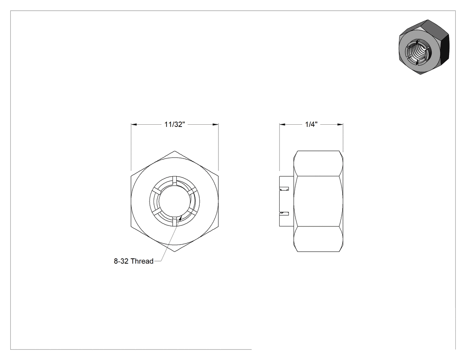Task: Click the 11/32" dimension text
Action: (x=175, y=124)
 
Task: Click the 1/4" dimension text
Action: (x=312, y=124)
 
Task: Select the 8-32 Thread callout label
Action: (x=134, y=261)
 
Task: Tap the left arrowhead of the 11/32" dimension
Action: (x=134, y=124)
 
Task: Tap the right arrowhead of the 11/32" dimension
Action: (x=215, y=124)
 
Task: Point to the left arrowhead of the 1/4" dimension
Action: (x=282, y=124)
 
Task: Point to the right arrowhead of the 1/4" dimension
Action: (x=340, y=124)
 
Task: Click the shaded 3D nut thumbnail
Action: (x=424, y=47)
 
